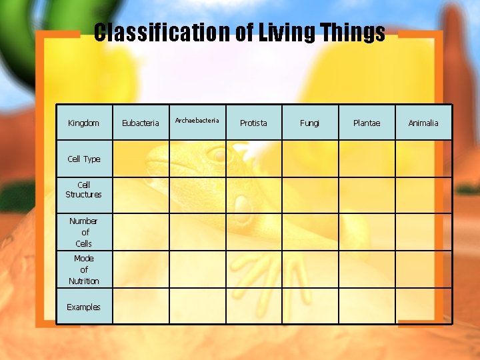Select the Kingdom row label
[x=84, y=123]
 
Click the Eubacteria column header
[x=141, y=123]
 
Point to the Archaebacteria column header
[x=197, y=121]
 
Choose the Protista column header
[x=253, y=123]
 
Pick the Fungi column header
[x=310, y=123]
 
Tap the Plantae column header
[x=367, y=123]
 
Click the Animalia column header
[x=423, y=123]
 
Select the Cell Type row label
[x=84, y=159]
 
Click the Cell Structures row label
[x=84, y=190]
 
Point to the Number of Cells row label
[x=84, y=232]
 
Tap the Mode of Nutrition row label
[x=84, y=269]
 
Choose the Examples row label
[x=84, y=307]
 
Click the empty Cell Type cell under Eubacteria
[x=141, y=159]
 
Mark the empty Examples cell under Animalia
[x=423, y=306]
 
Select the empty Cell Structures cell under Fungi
[x=310, y=195]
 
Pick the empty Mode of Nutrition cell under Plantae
[x=367, y=269]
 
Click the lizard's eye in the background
[x=217, y=155]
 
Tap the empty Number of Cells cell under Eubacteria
[x=141, y=232]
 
